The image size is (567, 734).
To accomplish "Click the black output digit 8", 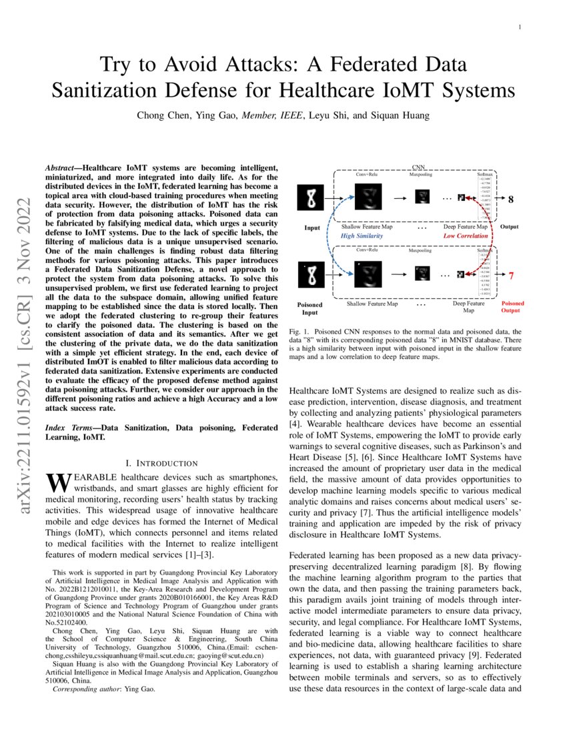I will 511,199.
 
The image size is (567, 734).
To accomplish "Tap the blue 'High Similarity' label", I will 362,236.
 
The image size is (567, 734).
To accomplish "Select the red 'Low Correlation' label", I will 466,236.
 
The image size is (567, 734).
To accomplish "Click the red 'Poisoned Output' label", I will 513,307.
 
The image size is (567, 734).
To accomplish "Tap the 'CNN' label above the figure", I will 418,167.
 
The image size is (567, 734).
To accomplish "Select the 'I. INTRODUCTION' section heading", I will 162,462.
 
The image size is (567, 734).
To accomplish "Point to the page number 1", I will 519,27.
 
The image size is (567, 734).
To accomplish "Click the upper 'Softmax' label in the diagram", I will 485,173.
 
